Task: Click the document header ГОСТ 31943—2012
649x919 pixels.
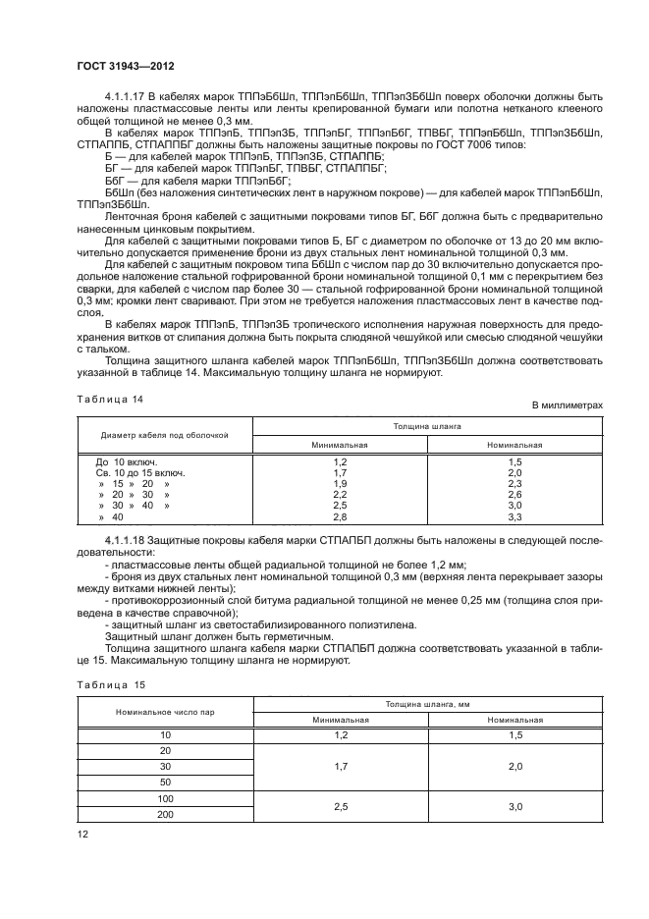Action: [121, 68]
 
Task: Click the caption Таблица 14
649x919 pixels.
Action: [110, 400]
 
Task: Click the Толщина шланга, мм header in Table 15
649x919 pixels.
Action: [427, 704]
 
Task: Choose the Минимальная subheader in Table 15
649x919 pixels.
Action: [340, 720]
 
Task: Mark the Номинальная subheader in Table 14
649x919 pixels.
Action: [514, 444]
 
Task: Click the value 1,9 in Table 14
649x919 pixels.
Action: [340, 484]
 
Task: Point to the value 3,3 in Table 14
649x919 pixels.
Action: [514, 516]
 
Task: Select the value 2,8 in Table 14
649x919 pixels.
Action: [340, 516]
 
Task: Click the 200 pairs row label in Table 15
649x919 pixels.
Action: [164, 815]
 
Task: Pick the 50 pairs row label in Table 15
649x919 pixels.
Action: [164, 782]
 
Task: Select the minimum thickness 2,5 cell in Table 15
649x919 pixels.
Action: [340, 806]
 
